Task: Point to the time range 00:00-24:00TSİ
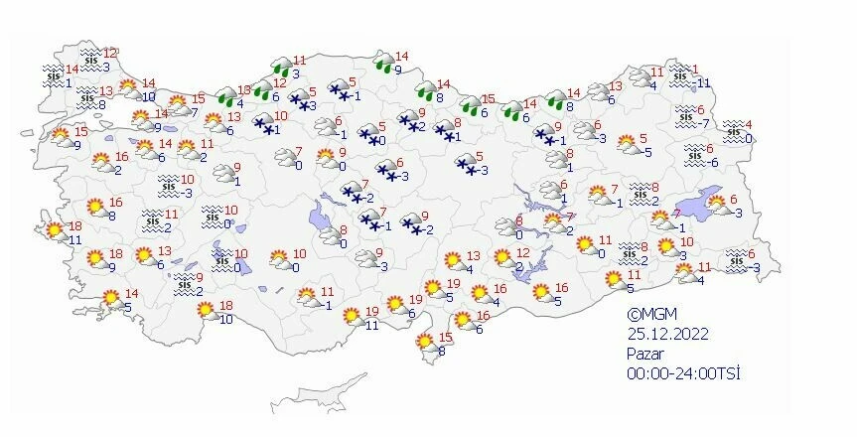684,371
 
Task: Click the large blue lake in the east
718,199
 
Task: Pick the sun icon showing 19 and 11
351,317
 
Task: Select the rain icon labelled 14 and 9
381,64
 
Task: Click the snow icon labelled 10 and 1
263,123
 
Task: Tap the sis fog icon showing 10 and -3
170,186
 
